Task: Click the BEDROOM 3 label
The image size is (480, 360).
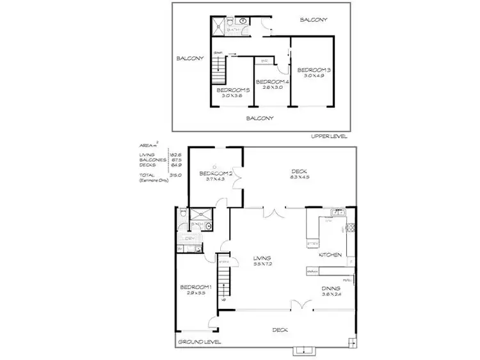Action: (x=313, y=70)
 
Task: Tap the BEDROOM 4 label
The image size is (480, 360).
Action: (x=272, y=82)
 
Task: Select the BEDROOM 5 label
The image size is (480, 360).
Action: (x=232, y=91)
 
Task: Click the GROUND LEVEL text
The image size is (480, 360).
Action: (x=199, y=342)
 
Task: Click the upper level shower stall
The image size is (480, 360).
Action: (x=218, y=26)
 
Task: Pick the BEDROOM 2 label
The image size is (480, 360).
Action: (x=214, y=173)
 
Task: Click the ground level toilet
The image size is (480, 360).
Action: (x=183, y=214)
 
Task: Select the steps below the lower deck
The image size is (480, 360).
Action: (x=303, y=350)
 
